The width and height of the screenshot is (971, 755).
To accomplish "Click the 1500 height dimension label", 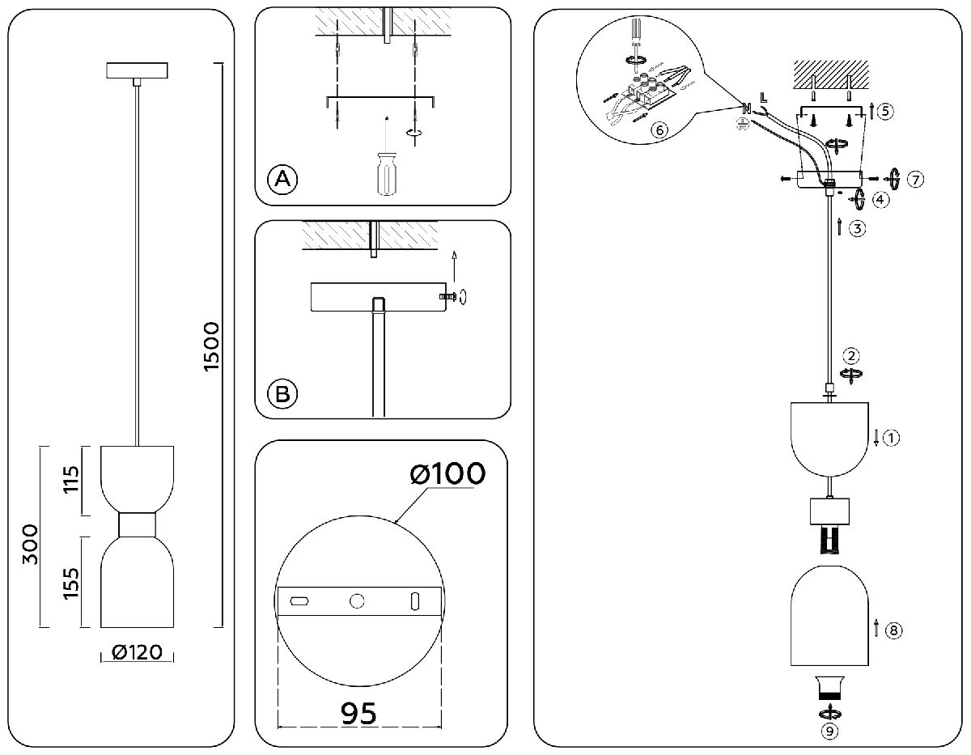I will pyautogui.click(x=212, y=347).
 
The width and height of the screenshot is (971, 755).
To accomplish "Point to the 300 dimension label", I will pyautogui.click(x=31, y=545).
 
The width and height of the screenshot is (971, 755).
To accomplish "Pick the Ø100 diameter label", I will pyautogui.click(x=447, y=474).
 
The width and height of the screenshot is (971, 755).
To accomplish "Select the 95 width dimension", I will pyautogui.click(x=358, y=713).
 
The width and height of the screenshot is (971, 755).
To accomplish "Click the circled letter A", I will pyautogui.click(x=282, y=178).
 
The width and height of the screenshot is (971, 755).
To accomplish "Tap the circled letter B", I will pyautogui.click(x=282, y=394).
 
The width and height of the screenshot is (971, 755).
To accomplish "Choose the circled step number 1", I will pyautogui.click(x=891, y=439).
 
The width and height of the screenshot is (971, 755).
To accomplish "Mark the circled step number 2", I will pyautogui.click(x=850, y=355).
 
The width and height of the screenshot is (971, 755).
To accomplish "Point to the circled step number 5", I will pyautogui.click(x=886, y=111).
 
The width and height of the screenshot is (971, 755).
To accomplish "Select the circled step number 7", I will pyautogui.click(x=915, y=179).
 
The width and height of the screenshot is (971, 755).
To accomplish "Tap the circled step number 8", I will pyautogui.click(x=894, y=630).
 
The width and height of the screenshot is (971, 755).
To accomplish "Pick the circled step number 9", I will pyautogui.click(x=828, y=732).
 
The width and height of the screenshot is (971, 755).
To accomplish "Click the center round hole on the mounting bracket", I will pyautogui.click(x=357, y=601).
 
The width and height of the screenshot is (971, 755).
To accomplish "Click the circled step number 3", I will pyautogui.click(x=859, y=228).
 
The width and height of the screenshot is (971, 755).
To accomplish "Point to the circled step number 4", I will pyautogui.click(x=876, y=199).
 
